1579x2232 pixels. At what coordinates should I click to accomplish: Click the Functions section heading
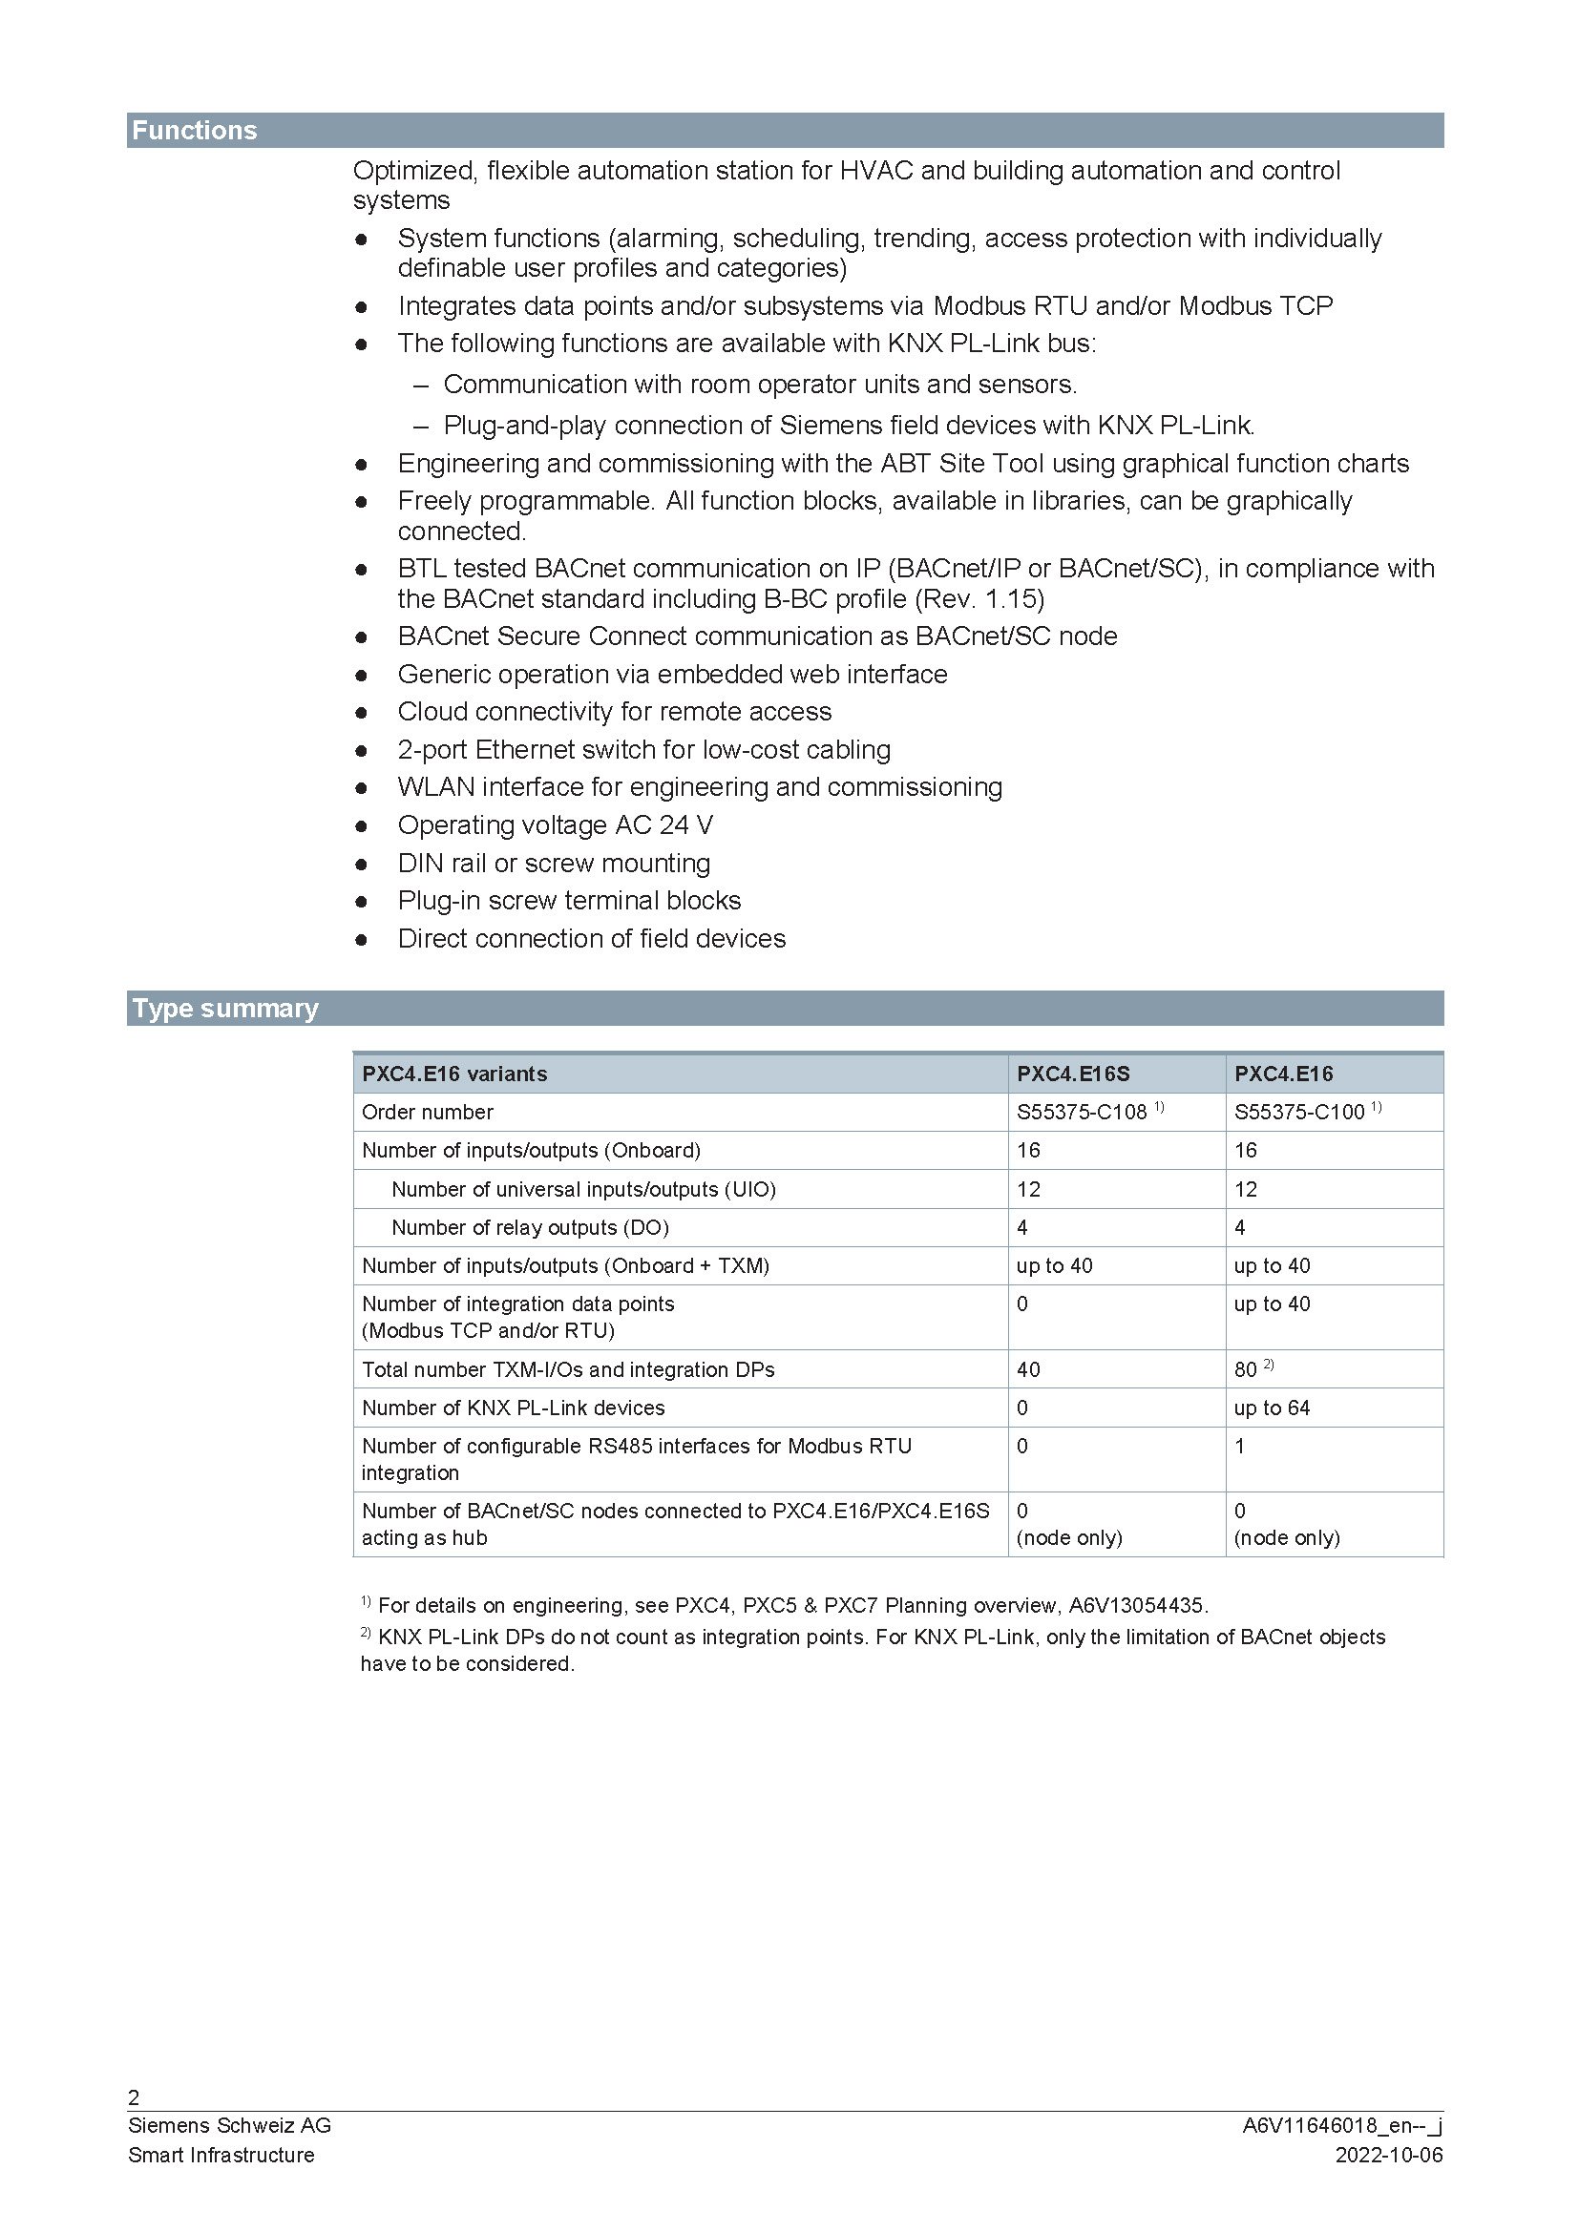[195, 131]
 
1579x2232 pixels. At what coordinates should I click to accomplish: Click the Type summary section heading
[225, 1008]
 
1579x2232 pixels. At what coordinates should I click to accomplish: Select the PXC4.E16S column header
[1072, 1074]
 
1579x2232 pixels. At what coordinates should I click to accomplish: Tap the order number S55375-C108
[1082, 1112]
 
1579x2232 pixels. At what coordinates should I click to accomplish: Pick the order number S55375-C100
[1299, 1112]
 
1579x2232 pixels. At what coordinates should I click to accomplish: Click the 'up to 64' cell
[1272, 1408]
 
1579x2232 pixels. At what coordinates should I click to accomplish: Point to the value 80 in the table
[1246, 1369]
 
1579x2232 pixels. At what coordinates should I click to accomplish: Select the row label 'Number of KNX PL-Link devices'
[514, 1408]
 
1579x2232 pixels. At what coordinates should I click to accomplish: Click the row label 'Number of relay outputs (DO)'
[530, 1227]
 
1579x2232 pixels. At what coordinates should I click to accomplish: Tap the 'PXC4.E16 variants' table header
[454, 1074]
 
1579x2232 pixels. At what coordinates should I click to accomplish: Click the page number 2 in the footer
[135, 2096]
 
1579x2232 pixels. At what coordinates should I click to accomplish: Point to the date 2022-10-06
[1388, 2156]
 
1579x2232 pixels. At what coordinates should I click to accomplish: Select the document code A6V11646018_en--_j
[1341, 2126]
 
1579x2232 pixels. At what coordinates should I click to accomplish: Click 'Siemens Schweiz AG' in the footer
[229, 2126]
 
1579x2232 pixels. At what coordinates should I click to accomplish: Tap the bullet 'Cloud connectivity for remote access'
[615, 712]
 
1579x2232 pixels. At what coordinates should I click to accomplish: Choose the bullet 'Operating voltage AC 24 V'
[556, 825]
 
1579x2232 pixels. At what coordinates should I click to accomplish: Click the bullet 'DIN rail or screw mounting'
[554, 864]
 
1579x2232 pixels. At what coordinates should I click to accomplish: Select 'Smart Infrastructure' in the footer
[221, 2156]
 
